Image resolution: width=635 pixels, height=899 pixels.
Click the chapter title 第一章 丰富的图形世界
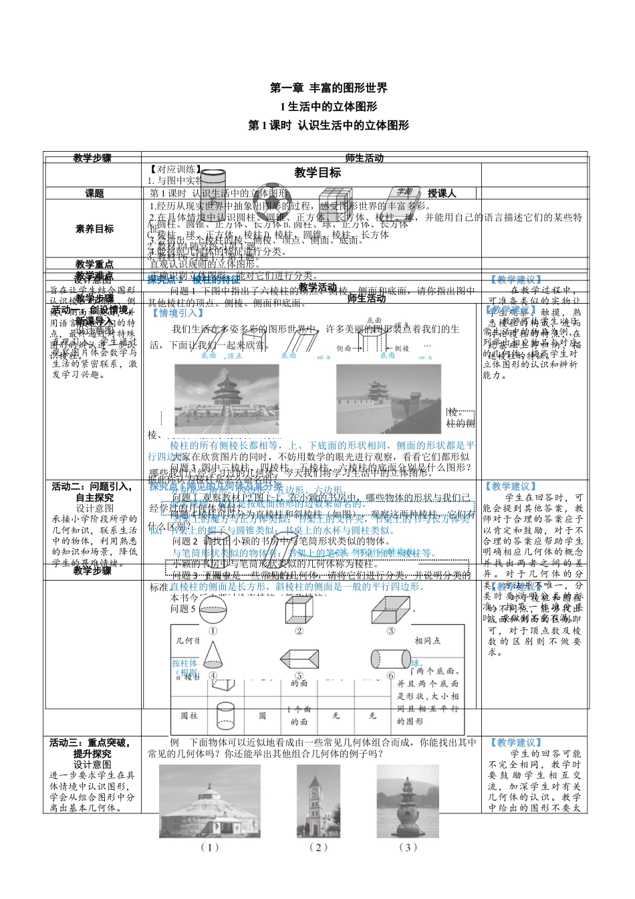(x=328, y=88)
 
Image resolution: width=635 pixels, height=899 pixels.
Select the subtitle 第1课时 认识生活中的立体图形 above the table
(x=328, y=125)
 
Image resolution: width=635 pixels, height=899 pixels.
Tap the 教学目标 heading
(x=317, y=173)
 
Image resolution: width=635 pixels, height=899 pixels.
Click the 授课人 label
(x=441, y=193)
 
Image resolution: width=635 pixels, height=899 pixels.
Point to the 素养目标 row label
(x=94, y=229)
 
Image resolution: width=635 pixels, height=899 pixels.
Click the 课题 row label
(x=94, y=193)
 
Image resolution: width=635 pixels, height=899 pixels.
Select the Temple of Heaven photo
(x=227, y=399)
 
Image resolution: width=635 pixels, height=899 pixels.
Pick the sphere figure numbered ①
(x=213, y=609)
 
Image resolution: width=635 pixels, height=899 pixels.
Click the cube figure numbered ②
(x=299, y=609)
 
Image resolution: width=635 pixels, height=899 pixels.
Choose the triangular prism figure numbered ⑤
(x=299, y=658)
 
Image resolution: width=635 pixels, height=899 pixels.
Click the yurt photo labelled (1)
(x=209, y=801)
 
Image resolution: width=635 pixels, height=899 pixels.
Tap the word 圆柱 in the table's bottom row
(x=190, y=716)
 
